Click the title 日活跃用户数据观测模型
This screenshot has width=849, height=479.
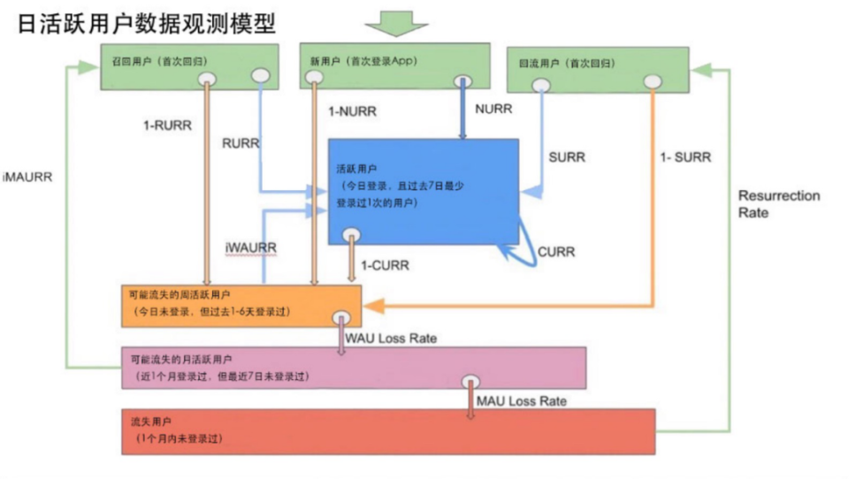pyautogui.click(x=147, y=22)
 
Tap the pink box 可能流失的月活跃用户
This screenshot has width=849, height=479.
pyautogui.click(x=353, y=368)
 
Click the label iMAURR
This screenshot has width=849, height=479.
pyautogui.click(x=27, y=176)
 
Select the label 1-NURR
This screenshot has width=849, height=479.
pyautogui.click(x=352, y=111)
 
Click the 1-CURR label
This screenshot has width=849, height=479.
pyautogui.click(x=389, y=264)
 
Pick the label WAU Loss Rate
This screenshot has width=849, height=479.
pyautogui.click(x=391, y=338)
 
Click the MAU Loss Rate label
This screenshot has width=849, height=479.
pyautogui.click(x=521, y=400)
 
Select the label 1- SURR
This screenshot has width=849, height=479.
pyautogui.click(x=686, y=157)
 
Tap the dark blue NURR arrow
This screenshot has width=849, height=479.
pyautogui.click(x=462, y=110)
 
